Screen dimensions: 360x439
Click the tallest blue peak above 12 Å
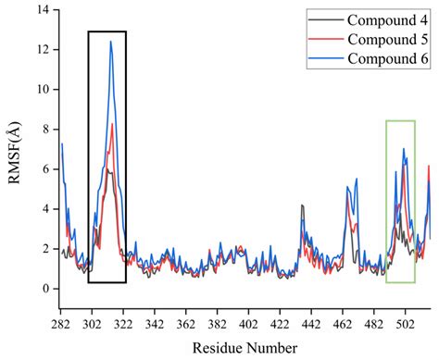coord(111,42)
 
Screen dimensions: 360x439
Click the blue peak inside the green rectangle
coord(403,149)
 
